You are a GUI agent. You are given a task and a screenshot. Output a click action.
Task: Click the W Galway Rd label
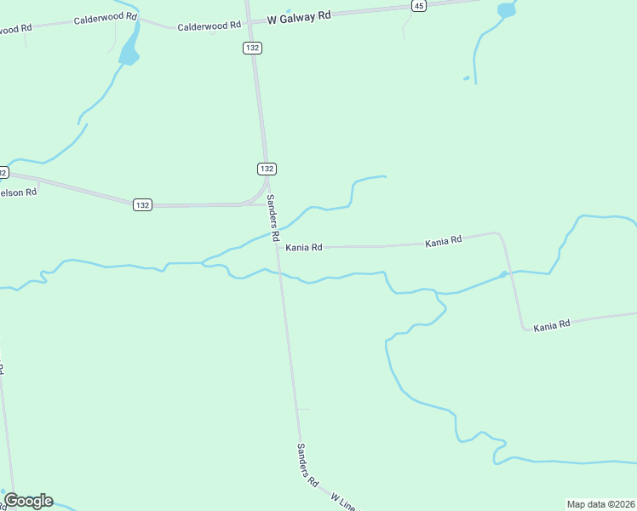[x=298, y=17]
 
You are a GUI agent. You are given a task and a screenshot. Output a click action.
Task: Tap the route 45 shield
[x=417, y=5]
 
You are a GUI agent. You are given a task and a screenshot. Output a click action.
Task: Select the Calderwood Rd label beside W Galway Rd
[x=209, y=26]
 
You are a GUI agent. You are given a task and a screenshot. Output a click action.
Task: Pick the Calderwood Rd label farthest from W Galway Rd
[x=106, y=17]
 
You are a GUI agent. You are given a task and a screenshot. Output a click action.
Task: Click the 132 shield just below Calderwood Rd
[x=252, y=48]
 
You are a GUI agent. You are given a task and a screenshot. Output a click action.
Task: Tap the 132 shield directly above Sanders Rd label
[x=267, y=169]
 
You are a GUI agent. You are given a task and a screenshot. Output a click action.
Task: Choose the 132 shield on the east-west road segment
[x=142, y=204]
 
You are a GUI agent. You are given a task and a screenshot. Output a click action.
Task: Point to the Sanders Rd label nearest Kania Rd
[x=273, y=216]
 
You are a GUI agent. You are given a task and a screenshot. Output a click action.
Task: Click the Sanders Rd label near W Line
[x=307, y=464]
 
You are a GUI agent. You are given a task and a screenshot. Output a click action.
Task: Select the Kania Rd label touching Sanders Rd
[x=304, y=247]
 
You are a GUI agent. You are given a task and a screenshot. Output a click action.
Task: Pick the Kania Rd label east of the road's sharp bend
[x=552, y=326]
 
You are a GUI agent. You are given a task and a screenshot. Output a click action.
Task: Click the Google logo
[x=28, y=501]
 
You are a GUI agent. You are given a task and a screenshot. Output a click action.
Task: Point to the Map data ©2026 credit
[x=600, y=504]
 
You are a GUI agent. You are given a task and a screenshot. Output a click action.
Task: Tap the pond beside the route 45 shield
[x=507, y=10]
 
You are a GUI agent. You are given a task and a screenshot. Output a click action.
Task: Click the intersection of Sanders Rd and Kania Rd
[x=277, y=247]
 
